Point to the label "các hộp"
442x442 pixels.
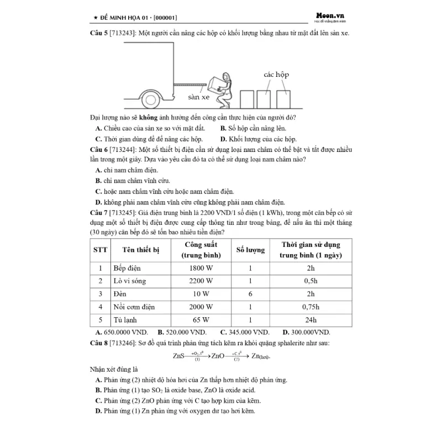point(276,74)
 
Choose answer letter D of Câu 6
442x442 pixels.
point(99,202)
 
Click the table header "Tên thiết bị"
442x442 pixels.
point(140,250)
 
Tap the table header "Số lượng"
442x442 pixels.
point(250,250)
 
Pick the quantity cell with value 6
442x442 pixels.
point(250,294)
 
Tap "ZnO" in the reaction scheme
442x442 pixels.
point(217,356)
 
